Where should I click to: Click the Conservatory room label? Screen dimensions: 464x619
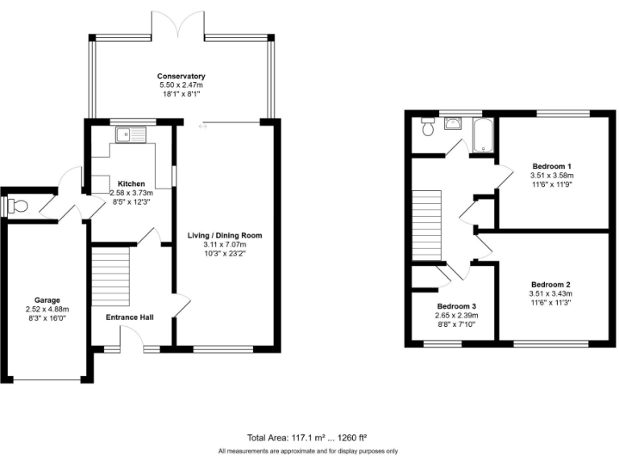click(181, 76)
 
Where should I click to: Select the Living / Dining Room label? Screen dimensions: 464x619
click(225, 235)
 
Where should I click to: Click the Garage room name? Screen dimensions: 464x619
click(47, 300)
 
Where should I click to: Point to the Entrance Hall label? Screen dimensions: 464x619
click(131, 317)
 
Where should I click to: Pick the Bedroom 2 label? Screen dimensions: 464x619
click(550, 284)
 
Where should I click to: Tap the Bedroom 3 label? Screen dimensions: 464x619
click(457, 307)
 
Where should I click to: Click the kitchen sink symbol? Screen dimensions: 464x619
click(129, 135)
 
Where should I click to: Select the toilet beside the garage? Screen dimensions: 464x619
click(17, 207)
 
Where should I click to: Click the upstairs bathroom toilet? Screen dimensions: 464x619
click(427, 127)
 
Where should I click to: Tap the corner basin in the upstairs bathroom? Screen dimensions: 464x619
click(454, 123)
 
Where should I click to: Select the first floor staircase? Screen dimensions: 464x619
click(427, 225)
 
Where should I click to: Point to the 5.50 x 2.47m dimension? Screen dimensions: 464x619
click(181, 85)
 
